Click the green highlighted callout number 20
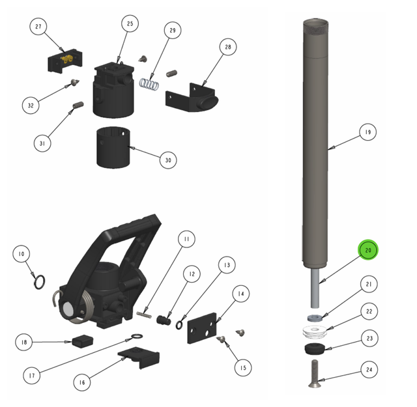point(368,250)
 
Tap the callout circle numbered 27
point(38,27)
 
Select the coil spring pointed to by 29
point(149,84)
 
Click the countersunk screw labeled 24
point(315,374)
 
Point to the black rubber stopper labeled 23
point(314,349)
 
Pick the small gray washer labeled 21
point(314,317)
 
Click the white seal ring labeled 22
point(315,332)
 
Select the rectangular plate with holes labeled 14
point(202,328)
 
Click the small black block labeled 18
point(83,341)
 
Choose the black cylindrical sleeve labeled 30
point(113,147)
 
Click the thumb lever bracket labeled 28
point(192,97)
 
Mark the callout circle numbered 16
point(82,382)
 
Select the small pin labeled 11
point(144,315)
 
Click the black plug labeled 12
point(164,320)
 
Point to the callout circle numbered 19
point(367,132)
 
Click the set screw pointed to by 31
point(78,105)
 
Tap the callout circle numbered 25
point(130,23)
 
